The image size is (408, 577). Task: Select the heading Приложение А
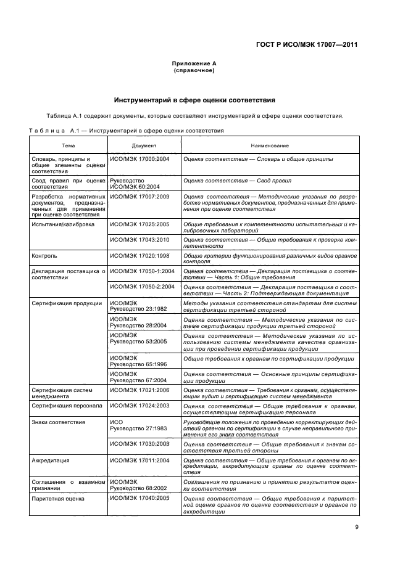194,64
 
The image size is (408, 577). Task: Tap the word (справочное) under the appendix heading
194,70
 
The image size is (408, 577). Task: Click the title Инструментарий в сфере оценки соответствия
194,100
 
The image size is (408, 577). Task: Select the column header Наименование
270,145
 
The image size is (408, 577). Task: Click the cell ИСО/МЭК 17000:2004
139,159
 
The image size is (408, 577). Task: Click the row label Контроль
44,254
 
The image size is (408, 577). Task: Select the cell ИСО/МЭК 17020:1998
139,254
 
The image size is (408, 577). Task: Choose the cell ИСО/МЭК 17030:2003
139,443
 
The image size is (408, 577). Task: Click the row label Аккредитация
50,460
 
